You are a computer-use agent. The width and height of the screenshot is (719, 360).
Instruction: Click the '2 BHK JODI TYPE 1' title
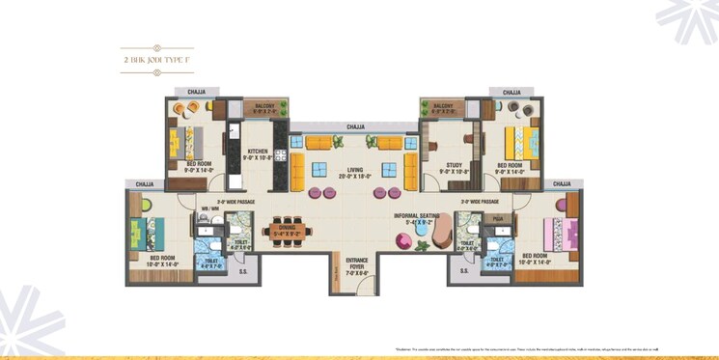click(x=157, y=60)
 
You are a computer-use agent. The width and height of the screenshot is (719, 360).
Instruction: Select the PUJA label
click(x=497, y=219)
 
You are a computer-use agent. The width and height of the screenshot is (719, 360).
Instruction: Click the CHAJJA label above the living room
click(x=355, y=125)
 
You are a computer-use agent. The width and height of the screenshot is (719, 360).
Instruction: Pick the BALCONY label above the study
click(x=443, y=106)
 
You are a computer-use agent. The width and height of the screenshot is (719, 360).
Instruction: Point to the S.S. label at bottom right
click(x=464, y=271)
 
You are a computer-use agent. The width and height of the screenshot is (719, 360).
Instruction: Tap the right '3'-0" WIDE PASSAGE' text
click(x=479, y=202)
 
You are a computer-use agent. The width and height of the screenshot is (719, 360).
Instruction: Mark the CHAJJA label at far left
click(x=145, y=183)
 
